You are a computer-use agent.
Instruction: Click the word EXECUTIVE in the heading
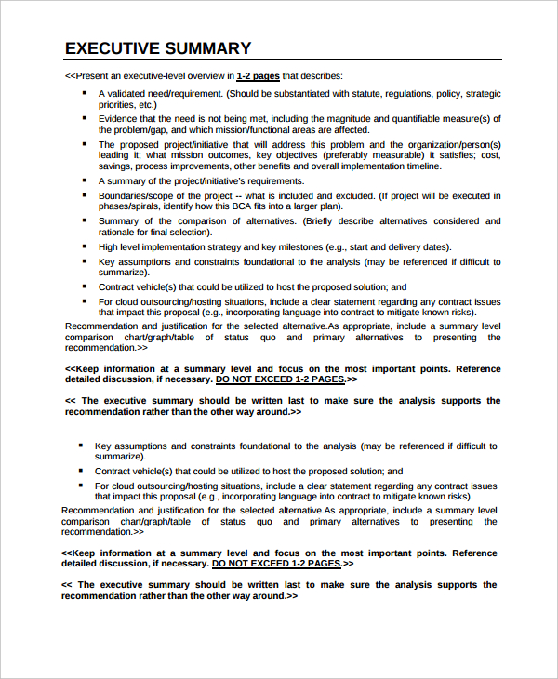pos(113,48)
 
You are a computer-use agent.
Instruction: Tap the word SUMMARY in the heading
pos(209,48)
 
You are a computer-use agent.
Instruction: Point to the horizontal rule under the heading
pos(283,60)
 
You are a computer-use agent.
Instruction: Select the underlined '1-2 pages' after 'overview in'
pos(258,76)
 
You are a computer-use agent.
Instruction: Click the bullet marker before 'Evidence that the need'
pos(84,118)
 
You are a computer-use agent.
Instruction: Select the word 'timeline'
pos(407,166)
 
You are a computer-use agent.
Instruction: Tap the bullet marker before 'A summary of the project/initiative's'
pos(84,180)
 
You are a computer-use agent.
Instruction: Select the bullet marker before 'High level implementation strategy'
pos(84,246)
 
